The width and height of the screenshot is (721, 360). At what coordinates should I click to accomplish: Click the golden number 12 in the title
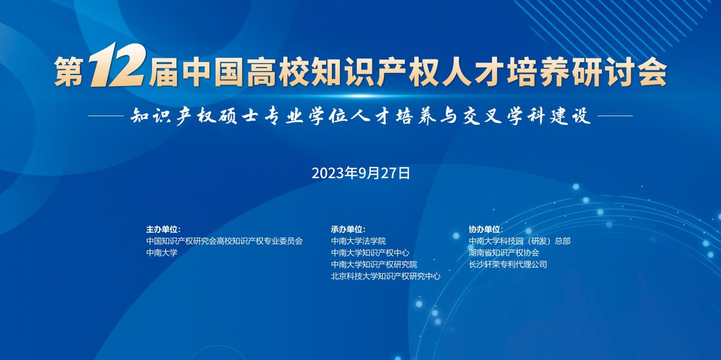tap(117, 65)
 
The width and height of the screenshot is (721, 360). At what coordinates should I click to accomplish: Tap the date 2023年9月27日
tap(361, 173)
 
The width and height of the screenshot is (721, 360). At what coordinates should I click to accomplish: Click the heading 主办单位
tap(163, 229)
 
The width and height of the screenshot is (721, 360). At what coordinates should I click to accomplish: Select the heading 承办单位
tap(348, 229)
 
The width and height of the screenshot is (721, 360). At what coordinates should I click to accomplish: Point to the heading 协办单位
tap(486, 229)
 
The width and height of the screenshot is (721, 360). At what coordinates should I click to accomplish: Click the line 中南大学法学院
tap(358, 241)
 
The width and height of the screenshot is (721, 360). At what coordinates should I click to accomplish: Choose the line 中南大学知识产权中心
tap(370, 253)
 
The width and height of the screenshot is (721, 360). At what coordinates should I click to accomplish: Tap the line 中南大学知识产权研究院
tap(374, 265)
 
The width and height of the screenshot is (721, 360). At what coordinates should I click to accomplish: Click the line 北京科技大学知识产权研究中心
tap(386, 276)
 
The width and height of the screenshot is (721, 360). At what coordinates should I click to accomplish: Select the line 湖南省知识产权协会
tap(504, 253)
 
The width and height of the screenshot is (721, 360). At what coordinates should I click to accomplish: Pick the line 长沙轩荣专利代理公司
tap(508, 265)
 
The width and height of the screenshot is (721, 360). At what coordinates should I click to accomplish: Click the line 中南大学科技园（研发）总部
tap(520, 241)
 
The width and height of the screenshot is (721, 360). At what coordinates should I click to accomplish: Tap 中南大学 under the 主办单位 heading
tap(162, 253)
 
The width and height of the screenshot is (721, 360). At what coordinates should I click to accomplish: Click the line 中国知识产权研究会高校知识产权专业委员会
tap(224, 241)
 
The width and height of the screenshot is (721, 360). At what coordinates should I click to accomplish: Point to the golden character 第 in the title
tap(69, 72)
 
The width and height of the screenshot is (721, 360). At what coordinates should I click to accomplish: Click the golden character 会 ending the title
tap(652, 72)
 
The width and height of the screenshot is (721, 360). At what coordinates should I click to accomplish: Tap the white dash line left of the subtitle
tap(106, 116)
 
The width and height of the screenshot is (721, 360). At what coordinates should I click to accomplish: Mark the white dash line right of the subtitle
tap(615, 116)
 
